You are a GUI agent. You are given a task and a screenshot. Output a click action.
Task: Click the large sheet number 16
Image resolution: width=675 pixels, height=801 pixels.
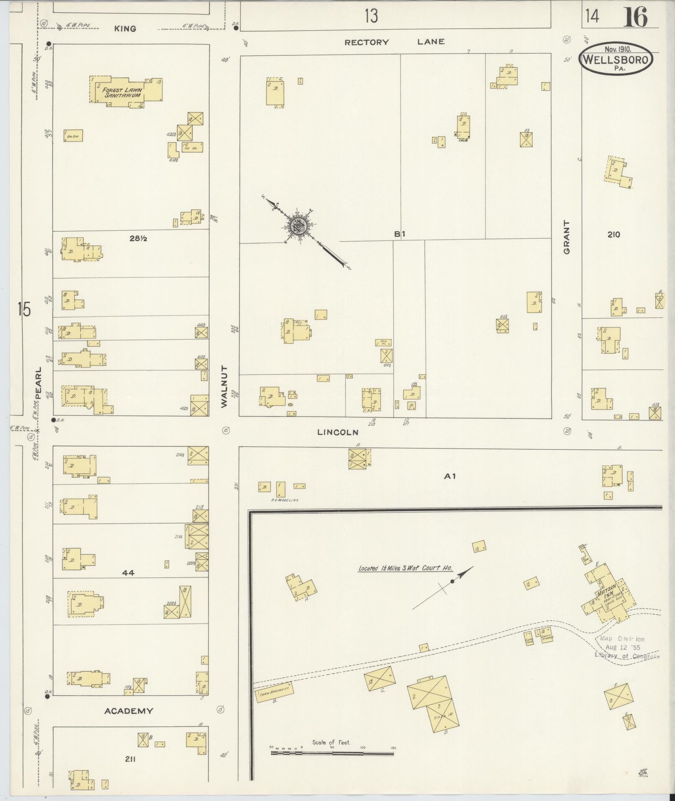[x=635, y=18]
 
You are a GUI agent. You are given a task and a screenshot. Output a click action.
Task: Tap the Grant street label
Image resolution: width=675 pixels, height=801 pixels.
[x=567, y=237]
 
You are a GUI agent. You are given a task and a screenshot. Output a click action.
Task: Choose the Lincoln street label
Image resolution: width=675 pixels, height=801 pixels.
[x=338, y=433]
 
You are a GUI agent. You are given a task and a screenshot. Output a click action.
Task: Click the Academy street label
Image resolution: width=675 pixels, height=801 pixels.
[x=128, y=711]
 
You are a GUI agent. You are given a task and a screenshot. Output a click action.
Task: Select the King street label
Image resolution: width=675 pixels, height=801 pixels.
[x=125, y=28]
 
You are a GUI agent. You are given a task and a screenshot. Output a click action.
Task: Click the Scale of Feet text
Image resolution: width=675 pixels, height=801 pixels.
[x=331, y=742]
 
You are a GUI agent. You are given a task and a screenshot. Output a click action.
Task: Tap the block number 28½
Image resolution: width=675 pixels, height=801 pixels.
[x=138, y=239]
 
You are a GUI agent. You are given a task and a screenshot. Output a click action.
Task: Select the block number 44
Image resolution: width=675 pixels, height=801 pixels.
[x=128, y=573]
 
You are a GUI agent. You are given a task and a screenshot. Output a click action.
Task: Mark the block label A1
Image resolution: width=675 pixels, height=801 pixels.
[x=450, y=476]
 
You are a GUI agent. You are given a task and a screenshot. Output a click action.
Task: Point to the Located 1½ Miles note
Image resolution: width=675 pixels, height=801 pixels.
[x=405, y=568]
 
